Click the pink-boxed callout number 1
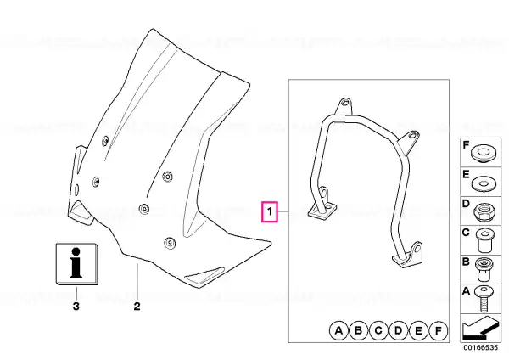tap(270, 212)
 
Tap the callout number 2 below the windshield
tap(137, 306)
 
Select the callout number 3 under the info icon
tap(76, 306)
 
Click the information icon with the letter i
tap(77, 264)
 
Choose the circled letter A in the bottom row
tap(338, 331)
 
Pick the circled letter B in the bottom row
tap(358, 331)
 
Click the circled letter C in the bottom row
tap(378, 331)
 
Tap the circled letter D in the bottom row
tap(399, 331)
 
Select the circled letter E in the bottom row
tap(418, 331)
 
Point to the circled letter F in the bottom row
tap(439, 331)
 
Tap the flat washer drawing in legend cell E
tap(483, 184)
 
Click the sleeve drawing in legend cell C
tap(484, 240)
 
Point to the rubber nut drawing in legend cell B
tap(484, 269)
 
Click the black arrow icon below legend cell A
tap(479, 329)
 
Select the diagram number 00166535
tap(480, 347)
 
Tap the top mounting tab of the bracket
tap(344, 106)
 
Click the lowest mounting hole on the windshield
tap(170, 243)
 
